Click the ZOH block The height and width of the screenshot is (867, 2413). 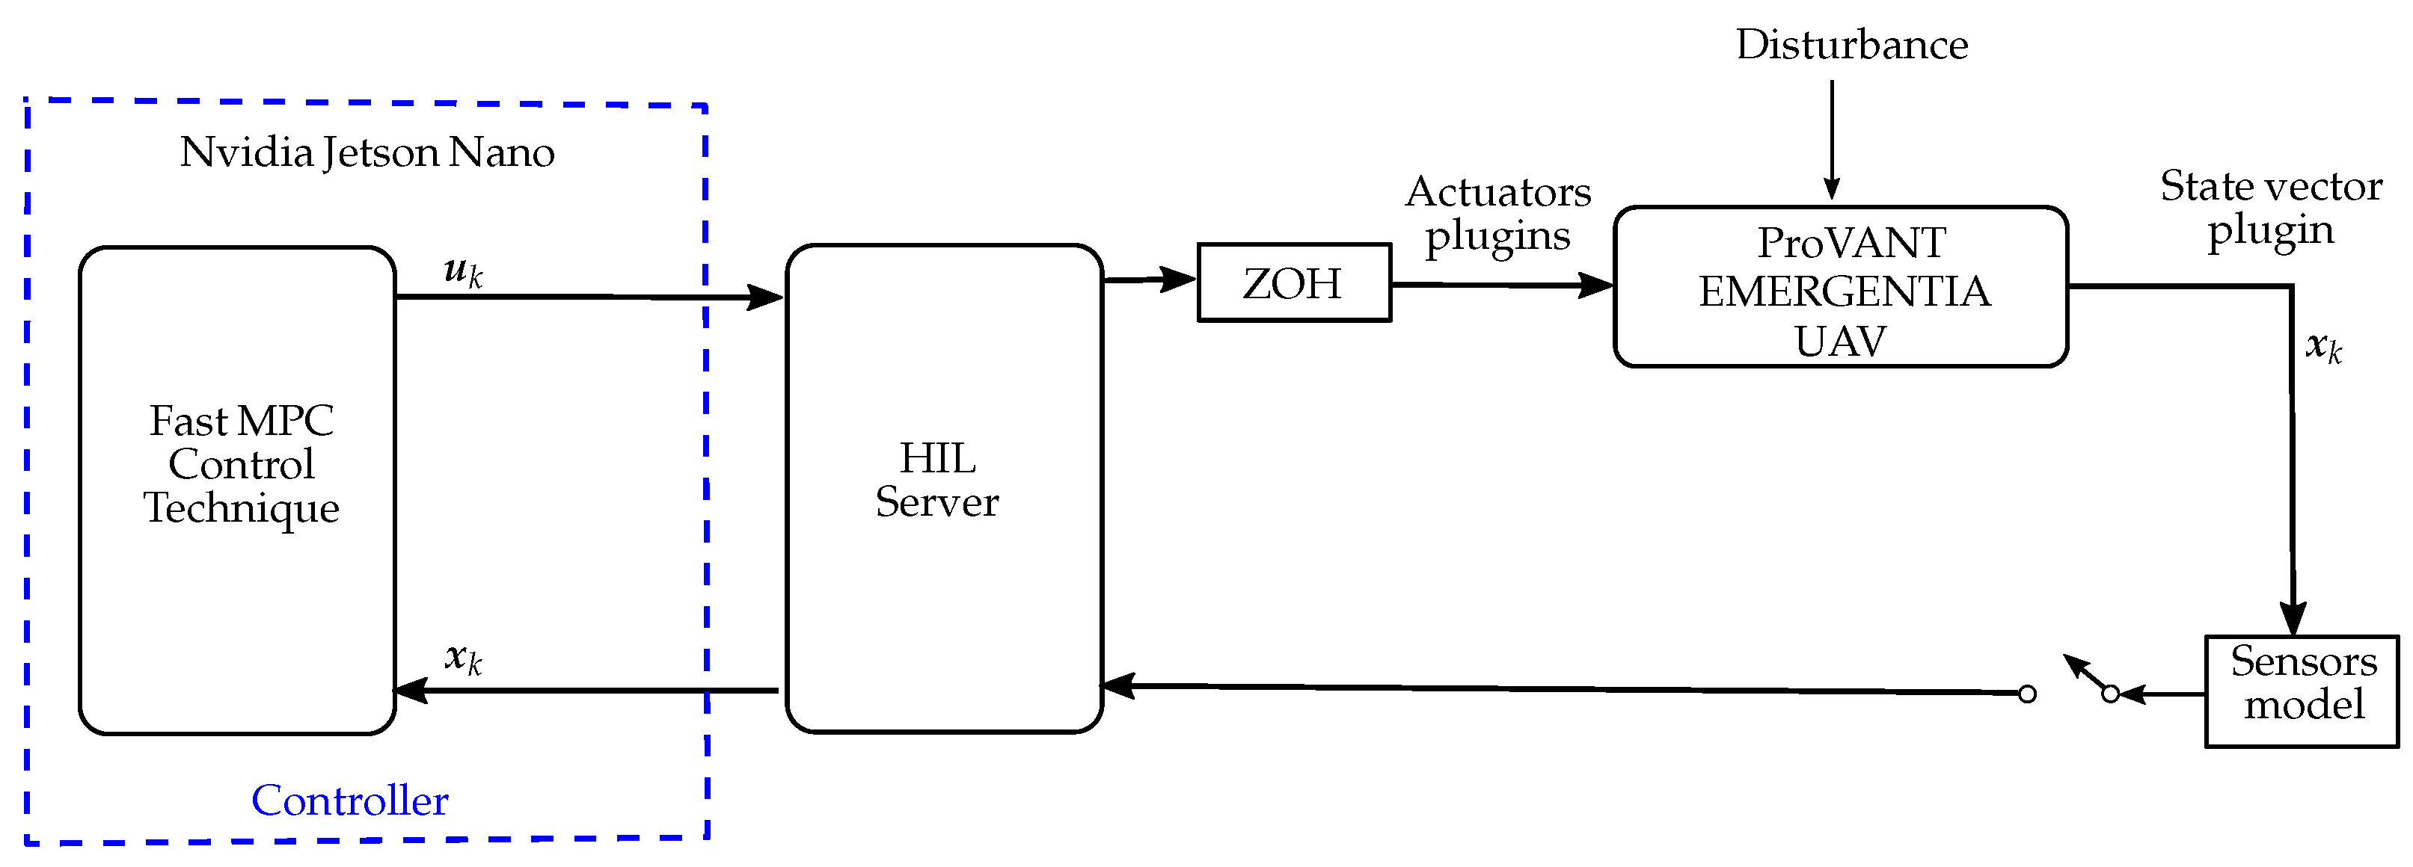tap(1293, 283)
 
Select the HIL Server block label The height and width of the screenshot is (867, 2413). tap(936, 481)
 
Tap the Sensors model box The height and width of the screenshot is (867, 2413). tap(2302, 691)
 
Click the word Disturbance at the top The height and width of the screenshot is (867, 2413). tap(1851, 44)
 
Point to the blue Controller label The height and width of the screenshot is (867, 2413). tap(349, 800)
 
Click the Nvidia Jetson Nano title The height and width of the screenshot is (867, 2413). tap(367, 152)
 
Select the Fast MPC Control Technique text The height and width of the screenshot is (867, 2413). tap(241, 464)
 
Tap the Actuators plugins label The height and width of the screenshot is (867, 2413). tap(1497, 214)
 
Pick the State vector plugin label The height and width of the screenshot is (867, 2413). tap(2271, 208)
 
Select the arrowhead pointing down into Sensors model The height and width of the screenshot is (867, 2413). tap(2292, 621)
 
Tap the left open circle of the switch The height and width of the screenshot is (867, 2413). tap(2027, 694)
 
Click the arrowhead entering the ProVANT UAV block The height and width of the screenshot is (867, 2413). tap(1596, 285)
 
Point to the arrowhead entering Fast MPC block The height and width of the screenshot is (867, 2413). tap(409, 691)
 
